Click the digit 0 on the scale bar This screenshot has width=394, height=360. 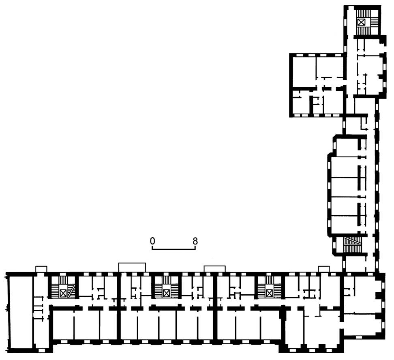click(152, 241)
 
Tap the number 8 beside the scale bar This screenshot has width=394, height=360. click(195, 241)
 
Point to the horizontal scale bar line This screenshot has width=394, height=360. click(173, 249)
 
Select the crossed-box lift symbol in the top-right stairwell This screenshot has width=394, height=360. click(361, 22)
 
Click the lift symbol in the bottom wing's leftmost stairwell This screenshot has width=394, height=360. click(63, 293)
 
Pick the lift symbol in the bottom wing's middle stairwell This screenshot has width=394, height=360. click(166, 293)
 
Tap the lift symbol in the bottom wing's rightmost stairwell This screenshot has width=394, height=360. click(269, 293)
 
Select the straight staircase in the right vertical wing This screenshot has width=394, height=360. click(352, 245)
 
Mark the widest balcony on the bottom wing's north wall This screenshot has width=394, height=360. click(132, 268)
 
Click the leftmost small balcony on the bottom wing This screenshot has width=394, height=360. click(41, 269)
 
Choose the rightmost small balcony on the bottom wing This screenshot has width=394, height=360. click(324, 269)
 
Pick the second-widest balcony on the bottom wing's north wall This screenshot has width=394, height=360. click(214, 269)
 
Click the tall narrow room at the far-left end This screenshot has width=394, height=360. click(21, 312)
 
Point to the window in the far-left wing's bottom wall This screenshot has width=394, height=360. click(42, 350)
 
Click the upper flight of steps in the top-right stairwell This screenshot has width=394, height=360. click(361, 14)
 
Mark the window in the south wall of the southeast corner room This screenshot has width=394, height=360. click(312, 350)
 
